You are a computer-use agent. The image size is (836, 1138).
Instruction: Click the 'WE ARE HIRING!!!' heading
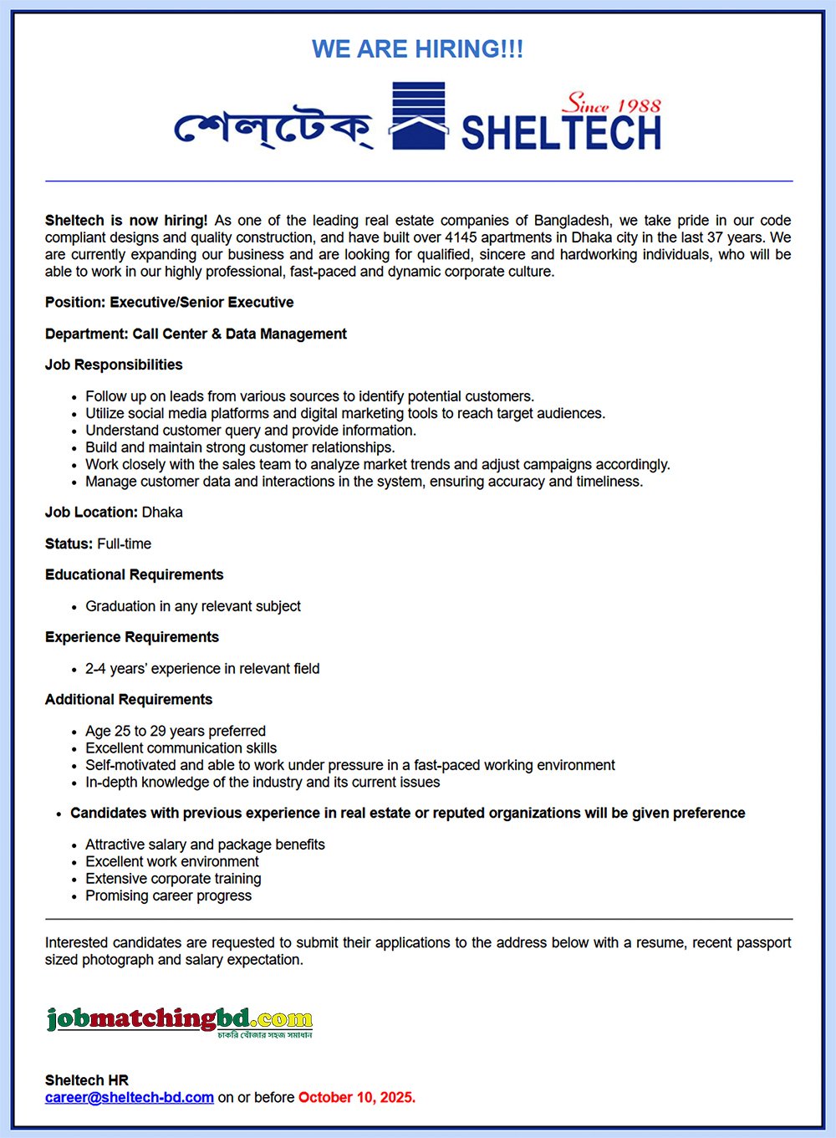point(417,49)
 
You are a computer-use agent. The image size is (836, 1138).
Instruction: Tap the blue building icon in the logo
point(418,116)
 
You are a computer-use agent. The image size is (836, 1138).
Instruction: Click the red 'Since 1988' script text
point(611,105)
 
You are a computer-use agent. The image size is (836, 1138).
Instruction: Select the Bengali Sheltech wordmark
point(273,129)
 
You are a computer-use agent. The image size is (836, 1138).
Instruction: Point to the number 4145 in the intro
point(461,237)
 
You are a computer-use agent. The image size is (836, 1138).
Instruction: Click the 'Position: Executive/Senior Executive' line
point(170,303)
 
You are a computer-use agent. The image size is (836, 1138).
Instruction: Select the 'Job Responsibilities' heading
point(114,365)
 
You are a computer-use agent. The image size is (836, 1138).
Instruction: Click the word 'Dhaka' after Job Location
point(162,513)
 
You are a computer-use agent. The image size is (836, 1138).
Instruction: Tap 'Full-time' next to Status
point(125,543)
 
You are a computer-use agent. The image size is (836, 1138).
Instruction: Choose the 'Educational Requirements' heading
point(135,574)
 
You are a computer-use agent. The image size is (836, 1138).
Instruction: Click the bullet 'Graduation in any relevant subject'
point(193,606)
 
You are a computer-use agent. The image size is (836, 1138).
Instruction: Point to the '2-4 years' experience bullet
point(202,669)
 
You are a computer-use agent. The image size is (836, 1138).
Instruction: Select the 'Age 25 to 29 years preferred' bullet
point(176,731)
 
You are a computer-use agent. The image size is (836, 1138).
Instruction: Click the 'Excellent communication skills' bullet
point(181,748)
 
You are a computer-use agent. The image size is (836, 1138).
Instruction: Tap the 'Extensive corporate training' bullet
point(173,879)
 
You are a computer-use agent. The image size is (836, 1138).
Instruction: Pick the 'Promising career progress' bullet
point(168,896)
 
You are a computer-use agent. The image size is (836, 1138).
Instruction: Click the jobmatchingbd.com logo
point(180,1021)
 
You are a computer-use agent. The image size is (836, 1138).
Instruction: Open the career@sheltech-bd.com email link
point(130,1097)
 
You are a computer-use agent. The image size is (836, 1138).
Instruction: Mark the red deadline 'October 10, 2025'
point(357,1097)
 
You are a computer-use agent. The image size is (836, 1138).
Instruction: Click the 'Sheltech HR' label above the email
point(87,1080)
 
